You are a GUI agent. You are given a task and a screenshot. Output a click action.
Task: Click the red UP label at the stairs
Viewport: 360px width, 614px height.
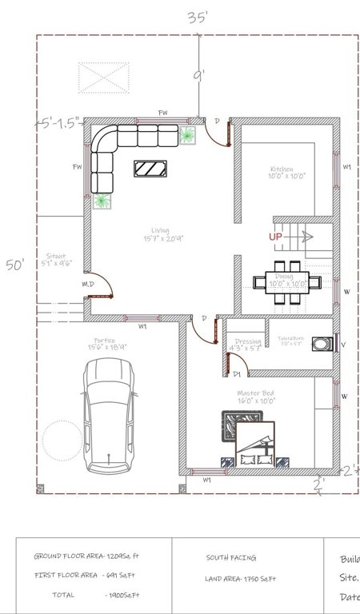[x=275, y=237]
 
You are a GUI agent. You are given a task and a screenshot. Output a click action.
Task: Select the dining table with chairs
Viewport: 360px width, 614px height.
[x=287, y=281]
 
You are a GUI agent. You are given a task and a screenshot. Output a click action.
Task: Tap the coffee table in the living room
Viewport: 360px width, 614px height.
[x=150, y=169]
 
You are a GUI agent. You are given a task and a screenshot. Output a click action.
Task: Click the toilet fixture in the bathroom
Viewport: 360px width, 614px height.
[x=322, y=344]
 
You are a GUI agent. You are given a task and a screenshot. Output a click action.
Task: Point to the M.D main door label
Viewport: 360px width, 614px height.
[x=88, y=284]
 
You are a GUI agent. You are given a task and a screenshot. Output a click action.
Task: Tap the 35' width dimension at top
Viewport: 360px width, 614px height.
[x=198, y=18]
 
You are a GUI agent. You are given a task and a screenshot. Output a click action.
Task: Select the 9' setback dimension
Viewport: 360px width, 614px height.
[x=198, y=76]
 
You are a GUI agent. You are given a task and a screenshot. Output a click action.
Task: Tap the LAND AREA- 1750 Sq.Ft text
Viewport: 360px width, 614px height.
[x=241, y=578]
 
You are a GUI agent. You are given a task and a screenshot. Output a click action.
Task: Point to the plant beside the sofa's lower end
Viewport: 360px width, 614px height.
[x=102, y=201]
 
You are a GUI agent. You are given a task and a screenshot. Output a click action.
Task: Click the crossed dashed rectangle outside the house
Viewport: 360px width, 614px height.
[x=103, y=78]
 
